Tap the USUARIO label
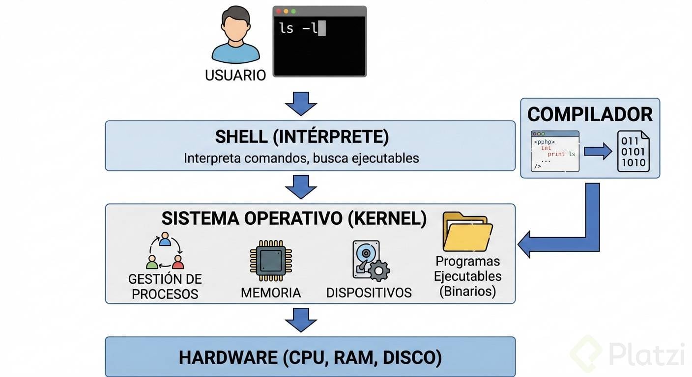pyautogui.click(x=235, y=75)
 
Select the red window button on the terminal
pyautogui.click(x=279, y=11)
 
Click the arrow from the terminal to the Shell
pyautogui.click(x=301, y=103)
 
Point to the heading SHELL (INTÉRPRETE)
pyautogui.click(x=302, y=137)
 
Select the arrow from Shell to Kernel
pyautogui.click(x=301, y=187)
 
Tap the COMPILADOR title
pyautogui.click(x=590, y=114)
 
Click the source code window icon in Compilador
pyautogui.click(x=555, y=151)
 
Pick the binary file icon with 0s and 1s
pyautogui.click(x=633, y=151)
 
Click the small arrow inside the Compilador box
pyautogui.click(x=598, y=152)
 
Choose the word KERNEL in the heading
pyautogui.click(x=387, y=218)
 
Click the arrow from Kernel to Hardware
pyautogui.click(x=301, y=320)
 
